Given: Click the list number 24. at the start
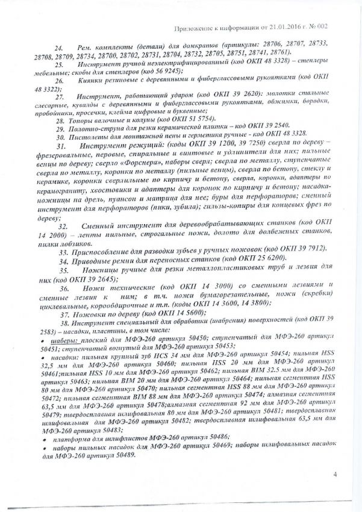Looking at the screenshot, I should (x=59, y=47).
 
